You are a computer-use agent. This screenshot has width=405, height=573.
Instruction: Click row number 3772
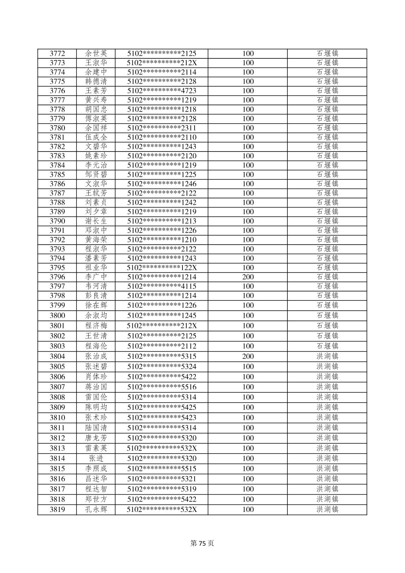(x=57, y=54)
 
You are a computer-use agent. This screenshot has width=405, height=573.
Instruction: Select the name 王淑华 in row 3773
(x=96, y=63)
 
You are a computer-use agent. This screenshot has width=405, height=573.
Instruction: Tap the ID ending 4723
(x=161, y=91)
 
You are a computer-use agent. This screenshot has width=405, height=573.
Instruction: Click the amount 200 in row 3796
(x=248, y=277)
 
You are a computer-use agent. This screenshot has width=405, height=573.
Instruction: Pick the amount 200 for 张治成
(x=248, y=357)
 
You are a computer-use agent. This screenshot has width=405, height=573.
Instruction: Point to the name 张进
(x=96, y=458)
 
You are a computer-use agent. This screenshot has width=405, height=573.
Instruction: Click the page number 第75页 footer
(x=202, y=543)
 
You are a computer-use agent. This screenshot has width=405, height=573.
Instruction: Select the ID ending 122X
(x=161, y=268)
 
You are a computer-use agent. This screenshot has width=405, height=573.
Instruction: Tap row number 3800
(x=57, y=316)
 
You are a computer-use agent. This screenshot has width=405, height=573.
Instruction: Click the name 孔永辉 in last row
(x=96, y=510)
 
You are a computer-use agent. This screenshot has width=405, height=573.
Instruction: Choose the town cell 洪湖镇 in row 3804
(x=327, y=357)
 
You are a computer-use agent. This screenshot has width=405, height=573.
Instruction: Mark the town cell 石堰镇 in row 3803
(x=327, y=346)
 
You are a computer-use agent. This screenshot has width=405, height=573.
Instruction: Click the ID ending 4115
(x=161, y=286)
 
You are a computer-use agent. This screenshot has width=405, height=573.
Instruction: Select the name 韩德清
(x=96, y=81)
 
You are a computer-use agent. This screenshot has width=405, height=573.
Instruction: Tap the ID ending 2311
(x=161, y=128)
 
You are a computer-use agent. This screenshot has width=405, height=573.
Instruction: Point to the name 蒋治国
(x=96, y=387)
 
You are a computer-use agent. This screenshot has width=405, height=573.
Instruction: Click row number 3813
(x=57, y=448)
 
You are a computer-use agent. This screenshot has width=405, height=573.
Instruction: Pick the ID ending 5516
(x=161, y=387)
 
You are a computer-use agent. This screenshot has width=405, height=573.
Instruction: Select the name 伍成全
(x=96, y=137)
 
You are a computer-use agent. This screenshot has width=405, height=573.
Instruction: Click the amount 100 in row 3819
(x=248, y=510)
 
